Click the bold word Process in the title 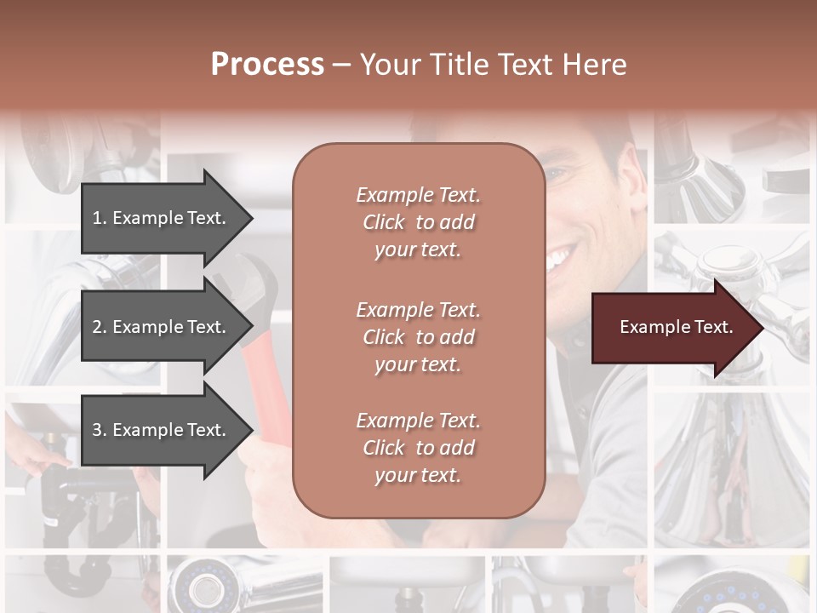267,65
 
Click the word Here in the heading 595,65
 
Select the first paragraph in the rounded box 418,222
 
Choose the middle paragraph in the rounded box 418,337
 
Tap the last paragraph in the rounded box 418,448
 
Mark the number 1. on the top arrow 100,218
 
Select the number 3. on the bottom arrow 100,430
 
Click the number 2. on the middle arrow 100,327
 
